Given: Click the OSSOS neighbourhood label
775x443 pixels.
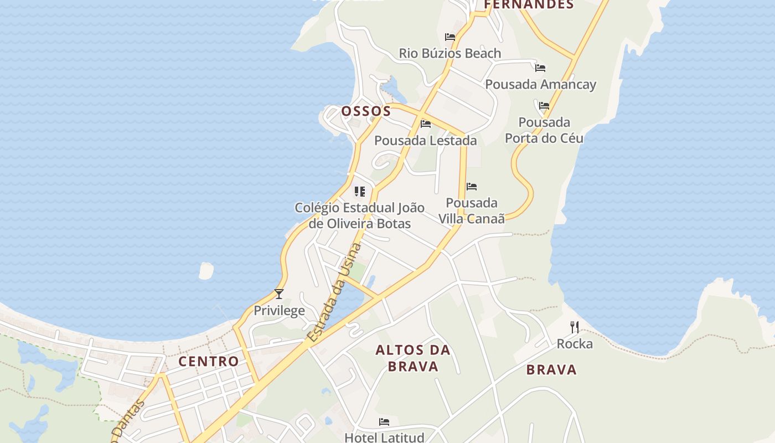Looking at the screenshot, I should pos(366,111).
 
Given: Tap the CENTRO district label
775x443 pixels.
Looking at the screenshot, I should pos(209,362).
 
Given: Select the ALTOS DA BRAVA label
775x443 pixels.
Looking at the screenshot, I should pos(413,358).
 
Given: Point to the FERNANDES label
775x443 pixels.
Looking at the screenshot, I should pos(529,5).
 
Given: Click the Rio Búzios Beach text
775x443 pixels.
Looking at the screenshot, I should pos(450,54).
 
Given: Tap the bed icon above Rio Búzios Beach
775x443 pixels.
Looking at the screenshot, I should pos(450,37).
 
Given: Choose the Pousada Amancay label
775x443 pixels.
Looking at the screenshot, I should pos(540,85).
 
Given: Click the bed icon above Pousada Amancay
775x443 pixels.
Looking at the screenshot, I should pos(540,68).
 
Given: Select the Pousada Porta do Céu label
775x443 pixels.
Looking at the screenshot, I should pos(544,130).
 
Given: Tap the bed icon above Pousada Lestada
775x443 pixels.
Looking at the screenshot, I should pos(426,123).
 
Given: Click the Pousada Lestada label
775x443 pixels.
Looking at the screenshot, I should pos(426,141).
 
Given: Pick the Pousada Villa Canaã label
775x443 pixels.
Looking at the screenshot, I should pos(472,211).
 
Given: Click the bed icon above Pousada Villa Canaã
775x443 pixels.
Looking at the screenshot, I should pos(472,187).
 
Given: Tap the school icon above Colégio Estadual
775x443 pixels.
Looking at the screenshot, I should pos(360,192).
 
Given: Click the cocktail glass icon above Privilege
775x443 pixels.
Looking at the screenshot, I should pos(279,294).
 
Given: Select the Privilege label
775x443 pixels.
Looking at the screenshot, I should pos(279,311).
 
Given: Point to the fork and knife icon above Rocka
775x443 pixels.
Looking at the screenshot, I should pos(575,327).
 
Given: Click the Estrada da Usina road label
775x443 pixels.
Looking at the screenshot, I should pos(334,292).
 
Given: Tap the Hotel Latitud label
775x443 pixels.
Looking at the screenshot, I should pos(384,437).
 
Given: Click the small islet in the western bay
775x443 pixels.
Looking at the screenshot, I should pos(206,271).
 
